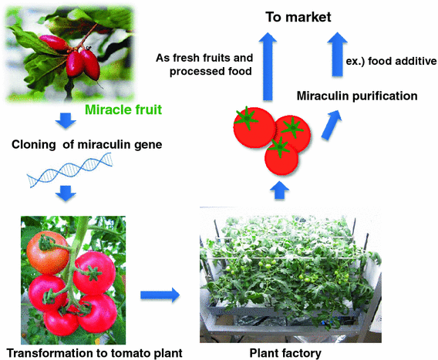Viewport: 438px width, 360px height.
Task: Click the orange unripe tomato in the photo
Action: [x=44, y=248]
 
